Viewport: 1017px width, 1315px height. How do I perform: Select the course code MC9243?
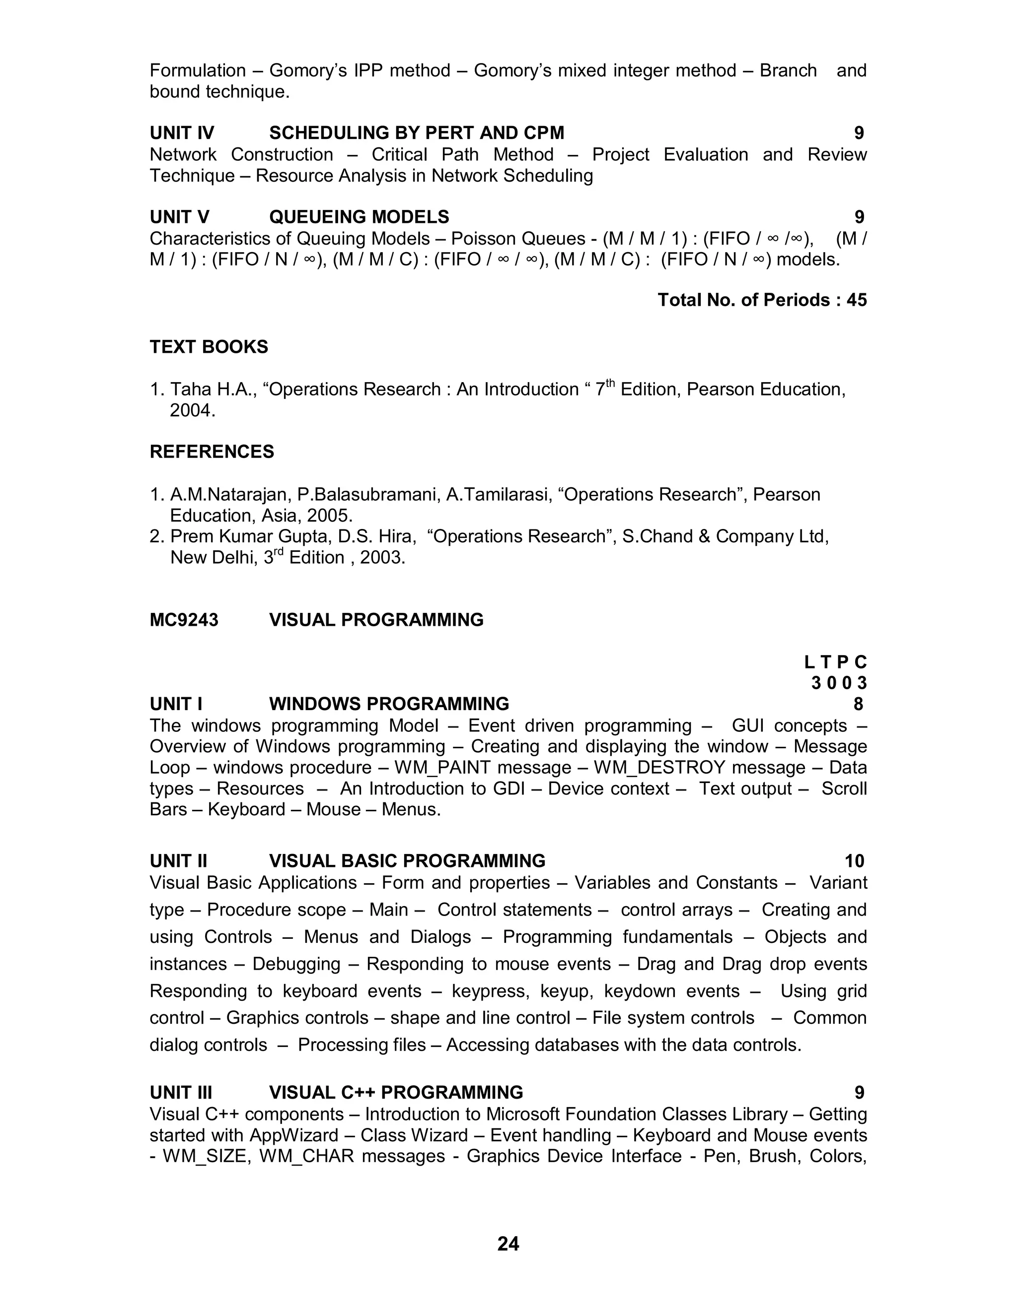click(184, 620)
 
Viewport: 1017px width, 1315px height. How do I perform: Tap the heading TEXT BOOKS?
click(209, 347)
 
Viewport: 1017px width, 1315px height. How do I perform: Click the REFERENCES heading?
click(212, 452)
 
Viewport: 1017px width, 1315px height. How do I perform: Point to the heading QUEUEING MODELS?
click(359, 217)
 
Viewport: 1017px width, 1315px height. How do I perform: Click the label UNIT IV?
click(181, 132)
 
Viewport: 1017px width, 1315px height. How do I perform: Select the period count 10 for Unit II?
click(854, 861)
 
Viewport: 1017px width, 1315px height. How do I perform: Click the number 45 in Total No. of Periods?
click(856, 300)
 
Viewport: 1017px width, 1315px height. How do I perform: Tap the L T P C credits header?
click(835, 662)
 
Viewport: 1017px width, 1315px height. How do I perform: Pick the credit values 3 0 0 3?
click(838, 683)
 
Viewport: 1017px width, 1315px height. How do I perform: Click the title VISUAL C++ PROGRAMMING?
click(396, 1092)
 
